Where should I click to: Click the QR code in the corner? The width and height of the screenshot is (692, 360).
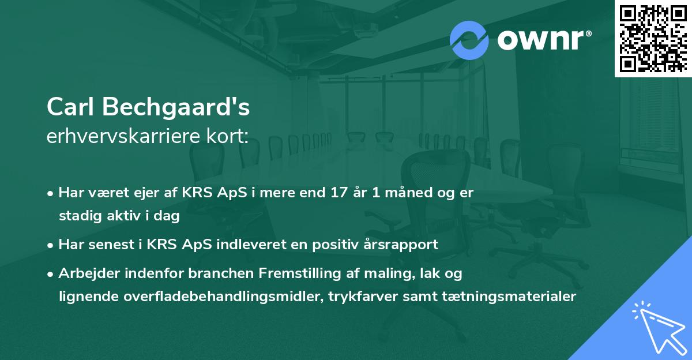[653, 38]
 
